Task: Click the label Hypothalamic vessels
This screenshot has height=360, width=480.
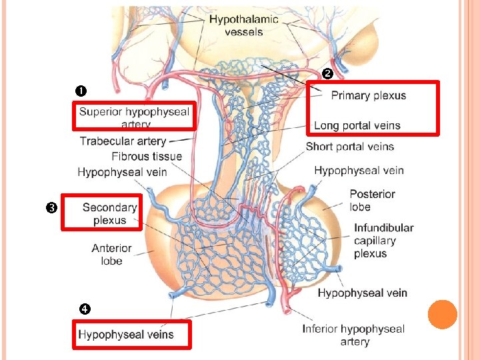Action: (x=235, y=25)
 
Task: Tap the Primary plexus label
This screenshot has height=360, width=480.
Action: (x=368, y=95)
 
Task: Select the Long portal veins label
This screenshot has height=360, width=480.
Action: (x=357, y=125)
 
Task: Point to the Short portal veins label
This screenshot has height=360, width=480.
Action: (x=350, y=147)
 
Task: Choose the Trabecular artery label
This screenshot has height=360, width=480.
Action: (x=123, y=141)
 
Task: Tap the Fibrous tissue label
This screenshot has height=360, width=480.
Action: (x=147, y=157)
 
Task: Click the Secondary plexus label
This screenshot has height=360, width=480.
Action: (x=109, y=213)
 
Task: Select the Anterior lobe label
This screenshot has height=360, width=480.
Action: (x=111, y=255)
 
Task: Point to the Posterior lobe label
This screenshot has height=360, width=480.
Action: (x=372, y=200)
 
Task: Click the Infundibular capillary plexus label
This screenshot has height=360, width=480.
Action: (x=383, y=240)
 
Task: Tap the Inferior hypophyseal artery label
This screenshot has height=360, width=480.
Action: (x=353, y=335)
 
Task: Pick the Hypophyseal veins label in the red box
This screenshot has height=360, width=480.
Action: (x=126, y=335)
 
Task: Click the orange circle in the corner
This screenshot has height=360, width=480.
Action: (x=442, y=315)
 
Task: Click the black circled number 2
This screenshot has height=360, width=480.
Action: (x=327, y=73)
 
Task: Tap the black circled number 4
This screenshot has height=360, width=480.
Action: (x=84, y=309)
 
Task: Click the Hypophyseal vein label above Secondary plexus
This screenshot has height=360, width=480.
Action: (x=122, y=172)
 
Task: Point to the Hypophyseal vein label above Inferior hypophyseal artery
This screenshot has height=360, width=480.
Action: (x=362, y=293)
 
